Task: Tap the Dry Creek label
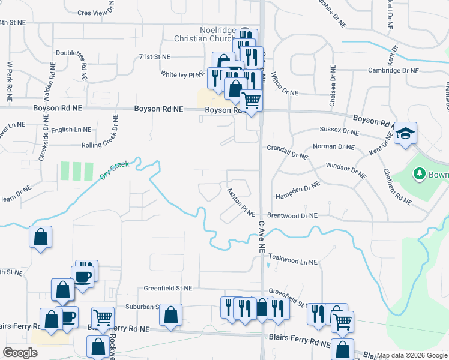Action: coord(114,169)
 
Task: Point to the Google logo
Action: coord(20,353)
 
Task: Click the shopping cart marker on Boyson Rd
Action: coord(251,100)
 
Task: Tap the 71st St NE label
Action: coord(155,56)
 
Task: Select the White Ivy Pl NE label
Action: coord(183,74)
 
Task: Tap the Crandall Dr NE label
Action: coord(287,152)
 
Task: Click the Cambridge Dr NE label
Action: coord(394,70)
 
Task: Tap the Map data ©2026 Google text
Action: coord(412,355)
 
